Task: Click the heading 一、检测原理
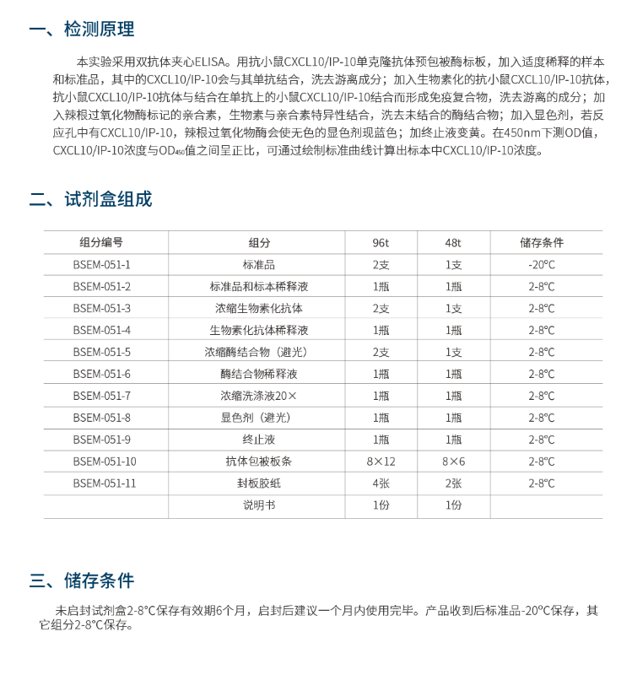[x=82, y=30]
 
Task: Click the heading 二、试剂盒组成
[x=90, y=200]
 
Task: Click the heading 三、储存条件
[x=82, y=580]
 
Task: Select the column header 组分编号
[x=101, y=243]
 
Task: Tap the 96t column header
[x=381, y=243]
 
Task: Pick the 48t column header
[x=453, y=243]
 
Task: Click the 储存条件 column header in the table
[x=542, y=243]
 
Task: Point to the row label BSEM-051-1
[x=101, y=265]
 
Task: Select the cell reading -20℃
[x=542, y=265]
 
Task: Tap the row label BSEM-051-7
[x=101, y=396]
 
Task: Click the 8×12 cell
[x=381, y=462]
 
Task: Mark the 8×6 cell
[x=453, y=462]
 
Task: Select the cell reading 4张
[x=381, y=483]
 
